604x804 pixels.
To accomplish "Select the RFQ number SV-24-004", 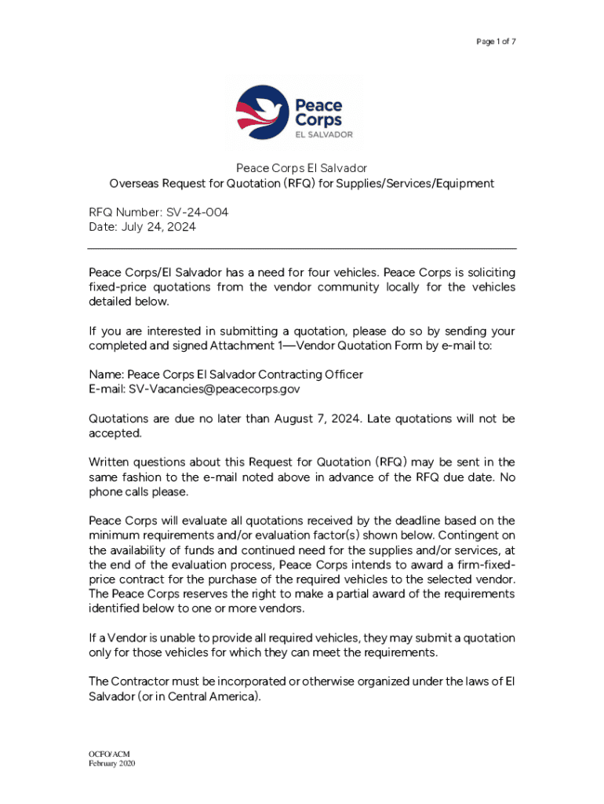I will pos(198,213).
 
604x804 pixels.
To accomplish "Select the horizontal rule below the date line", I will pos(302,249).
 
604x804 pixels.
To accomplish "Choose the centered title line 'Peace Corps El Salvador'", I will pos(302,169).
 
